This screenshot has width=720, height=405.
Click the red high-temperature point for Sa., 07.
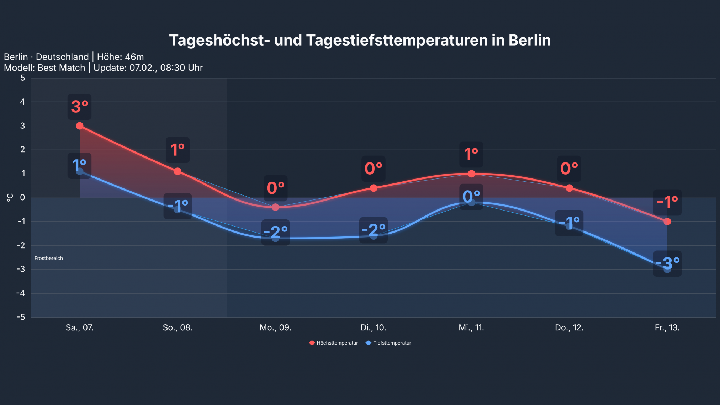click(80, 126)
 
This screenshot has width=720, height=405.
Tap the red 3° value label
click(80, 107)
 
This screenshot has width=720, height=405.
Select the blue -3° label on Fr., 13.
click(667, 263)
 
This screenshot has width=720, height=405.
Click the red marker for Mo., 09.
click(275, 207)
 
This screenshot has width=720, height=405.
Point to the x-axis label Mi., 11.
click(471, 327)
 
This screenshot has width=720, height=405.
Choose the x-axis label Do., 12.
click(569, 327)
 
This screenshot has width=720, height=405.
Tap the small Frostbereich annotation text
click(49, 258)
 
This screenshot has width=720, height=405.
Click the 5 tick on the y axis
click(23, 78)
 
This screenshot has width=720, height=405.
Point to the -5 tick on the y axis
click(21, 317)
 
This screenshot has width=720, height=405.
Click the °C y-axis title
click(10, 198)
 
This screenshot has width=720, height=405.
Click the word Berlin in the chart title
click(529, 40)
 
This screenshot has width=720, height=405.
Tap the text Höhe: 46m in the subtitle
click(120, 57)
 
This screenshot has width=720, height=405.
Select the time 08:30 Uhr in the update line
click(181, 68)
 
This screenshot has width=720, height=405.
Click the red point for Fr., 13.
click(667, 222)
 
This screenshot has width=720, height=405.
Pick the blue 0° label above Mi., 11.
click(471, 197)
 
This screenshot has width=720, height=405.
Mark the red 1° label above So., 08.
click(178, 150)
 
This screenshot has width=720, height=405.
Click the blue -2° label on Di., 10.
click(373, 230)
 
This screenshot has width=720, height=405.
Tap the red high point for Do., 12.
click(569, 188)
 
